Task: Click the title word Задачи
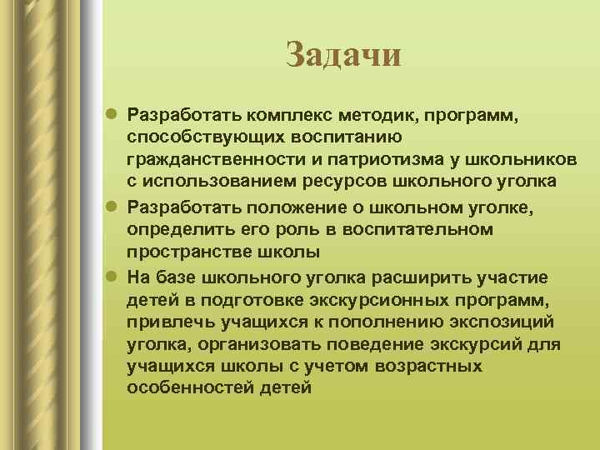click(x=343, y=55)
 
